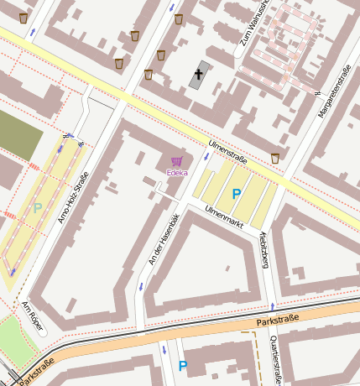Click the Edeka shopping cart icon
176,161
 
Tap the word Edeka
176,174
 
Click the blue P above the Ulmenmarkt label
237,194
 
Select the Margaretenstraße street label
331,91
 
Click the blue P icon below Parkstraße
183,366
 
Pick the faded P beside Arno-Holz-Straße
36,207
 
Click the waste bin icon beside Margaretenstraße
275,158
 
